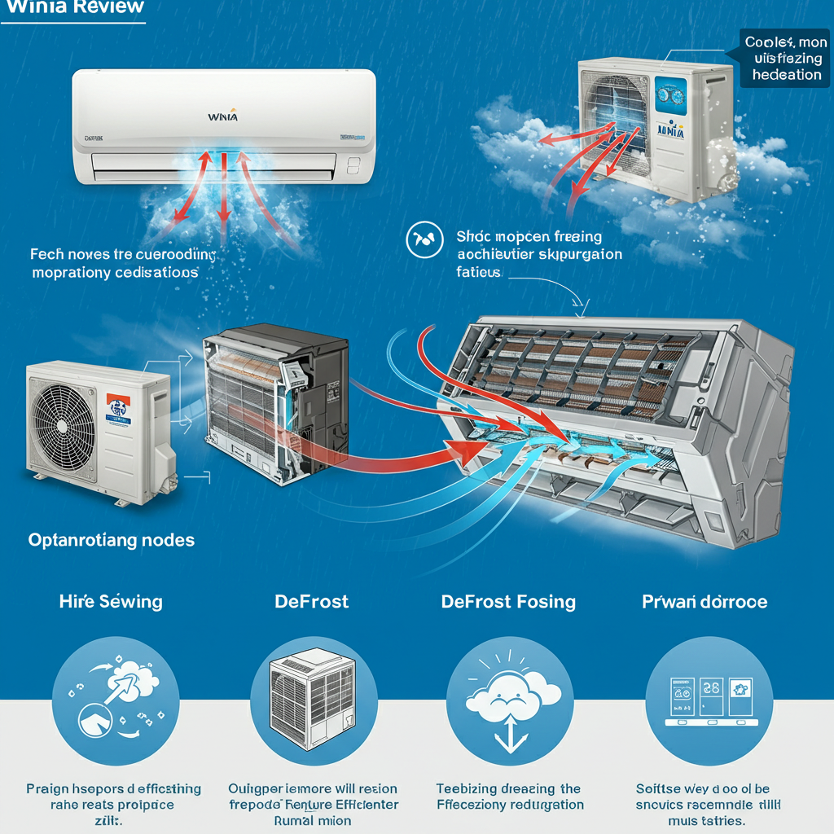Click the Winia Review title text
tap(74, 7)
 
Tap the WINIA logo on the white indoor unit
tap(222, 117)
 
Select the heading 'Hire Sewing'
tap(111, 602)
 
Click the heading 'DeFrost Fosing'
tap(508, 602)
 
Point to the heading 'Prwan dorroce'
tap(704, 602)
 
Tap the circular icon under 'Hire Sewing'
tap(113, 700)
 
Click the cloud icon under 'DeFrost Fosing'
tap(510, 700)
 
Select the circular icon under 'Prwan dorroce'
tap(708, 700)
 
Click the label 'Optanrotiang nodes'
tap(112, 540)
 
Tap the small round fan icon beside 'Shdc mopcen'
tap(424, 239)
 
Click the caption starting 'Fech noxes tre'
tap(122, 263)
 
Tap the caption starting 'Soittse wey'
tap(708, 805)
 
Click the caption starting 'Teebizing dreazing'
tap(510, 797)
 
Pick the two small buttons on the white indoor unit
tap(353, 165)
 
